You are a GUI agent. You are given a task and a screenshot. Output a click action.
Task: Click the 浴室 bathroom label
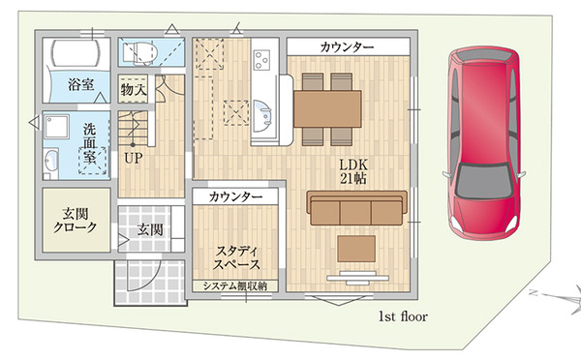click(80, 84)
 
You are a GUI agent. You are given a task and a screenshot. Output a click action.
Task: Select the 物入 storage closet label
click(133, 89)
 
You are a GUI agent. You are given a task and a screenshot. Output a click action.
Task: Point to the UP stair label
click(133, 158)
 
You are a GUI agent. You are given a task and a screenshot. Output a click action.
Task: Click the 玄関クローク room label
click(76, 220)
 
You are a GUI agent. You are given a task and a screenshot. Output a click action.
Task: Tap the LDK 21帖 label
click(353, 171)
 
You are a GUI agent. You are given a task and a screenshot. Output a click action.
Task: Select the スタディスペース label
click(236, 257)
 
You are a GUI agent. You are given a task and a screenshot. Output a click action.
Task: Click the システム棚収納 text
click(235, 285)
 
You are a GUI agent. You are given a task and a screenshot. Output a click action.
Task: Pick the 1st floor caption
click(403, 316)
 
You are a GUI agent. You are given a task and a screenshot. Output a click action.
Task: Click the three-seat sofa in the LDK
click(356, 208)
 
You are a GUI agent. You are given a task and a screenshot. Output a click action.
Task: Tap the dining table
click(327, 109)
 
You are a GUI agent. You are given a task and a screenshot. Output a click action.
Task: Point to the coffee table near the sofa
click(356, 249)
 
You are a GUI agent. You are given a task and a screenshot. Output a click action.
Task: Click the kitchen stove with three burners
click(261, 60)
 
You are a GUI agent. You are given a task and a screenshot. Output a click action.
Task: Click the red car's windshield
click(484, 182)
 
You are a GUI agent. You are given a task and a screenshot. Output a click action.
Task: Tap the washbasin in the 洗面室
click(50, 162)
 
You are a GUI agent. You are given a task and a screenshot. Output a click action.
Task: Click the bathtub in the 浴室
click(76, 53)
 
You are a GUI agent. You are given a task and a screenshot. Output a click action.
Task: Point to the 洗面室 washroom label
click(89, 143)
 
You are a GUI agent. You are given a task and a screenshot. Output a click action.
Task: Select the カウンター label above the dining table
click(347, 47)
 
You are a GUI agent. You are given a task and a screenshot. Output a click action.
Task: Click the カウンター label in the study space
click(235, 196)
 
